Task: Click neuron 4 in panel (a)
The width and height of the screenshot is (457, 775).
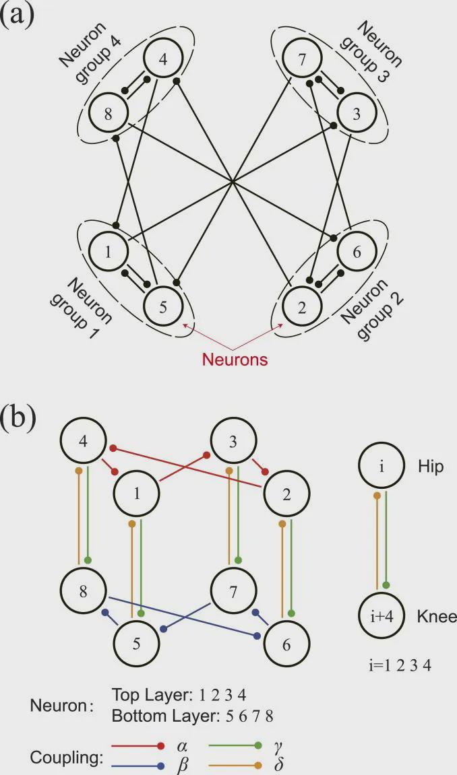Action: [x=162, y=59]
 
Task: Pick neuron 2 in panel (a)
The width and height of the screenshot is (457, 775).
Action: [x=302, y=308]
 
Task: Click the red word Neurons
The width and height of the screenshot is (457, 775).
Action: [x=235, y=360]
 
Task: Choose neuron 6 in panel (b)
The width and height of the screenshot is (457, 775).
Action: [x=286, y=644]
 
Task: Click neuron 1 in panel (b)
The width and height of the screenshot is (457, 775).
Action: [x=136, y=493]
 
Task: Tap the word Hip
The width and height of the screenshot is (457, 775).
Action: [x=431, y=467]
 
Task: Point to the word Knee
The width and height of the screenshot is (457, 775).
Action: [x=437, y=616]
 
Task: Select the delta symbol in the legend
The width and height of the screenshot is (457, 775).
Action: [x=278, y=766]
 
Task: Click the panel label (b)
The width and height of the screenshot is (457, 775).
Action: [x=19, y=417]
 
